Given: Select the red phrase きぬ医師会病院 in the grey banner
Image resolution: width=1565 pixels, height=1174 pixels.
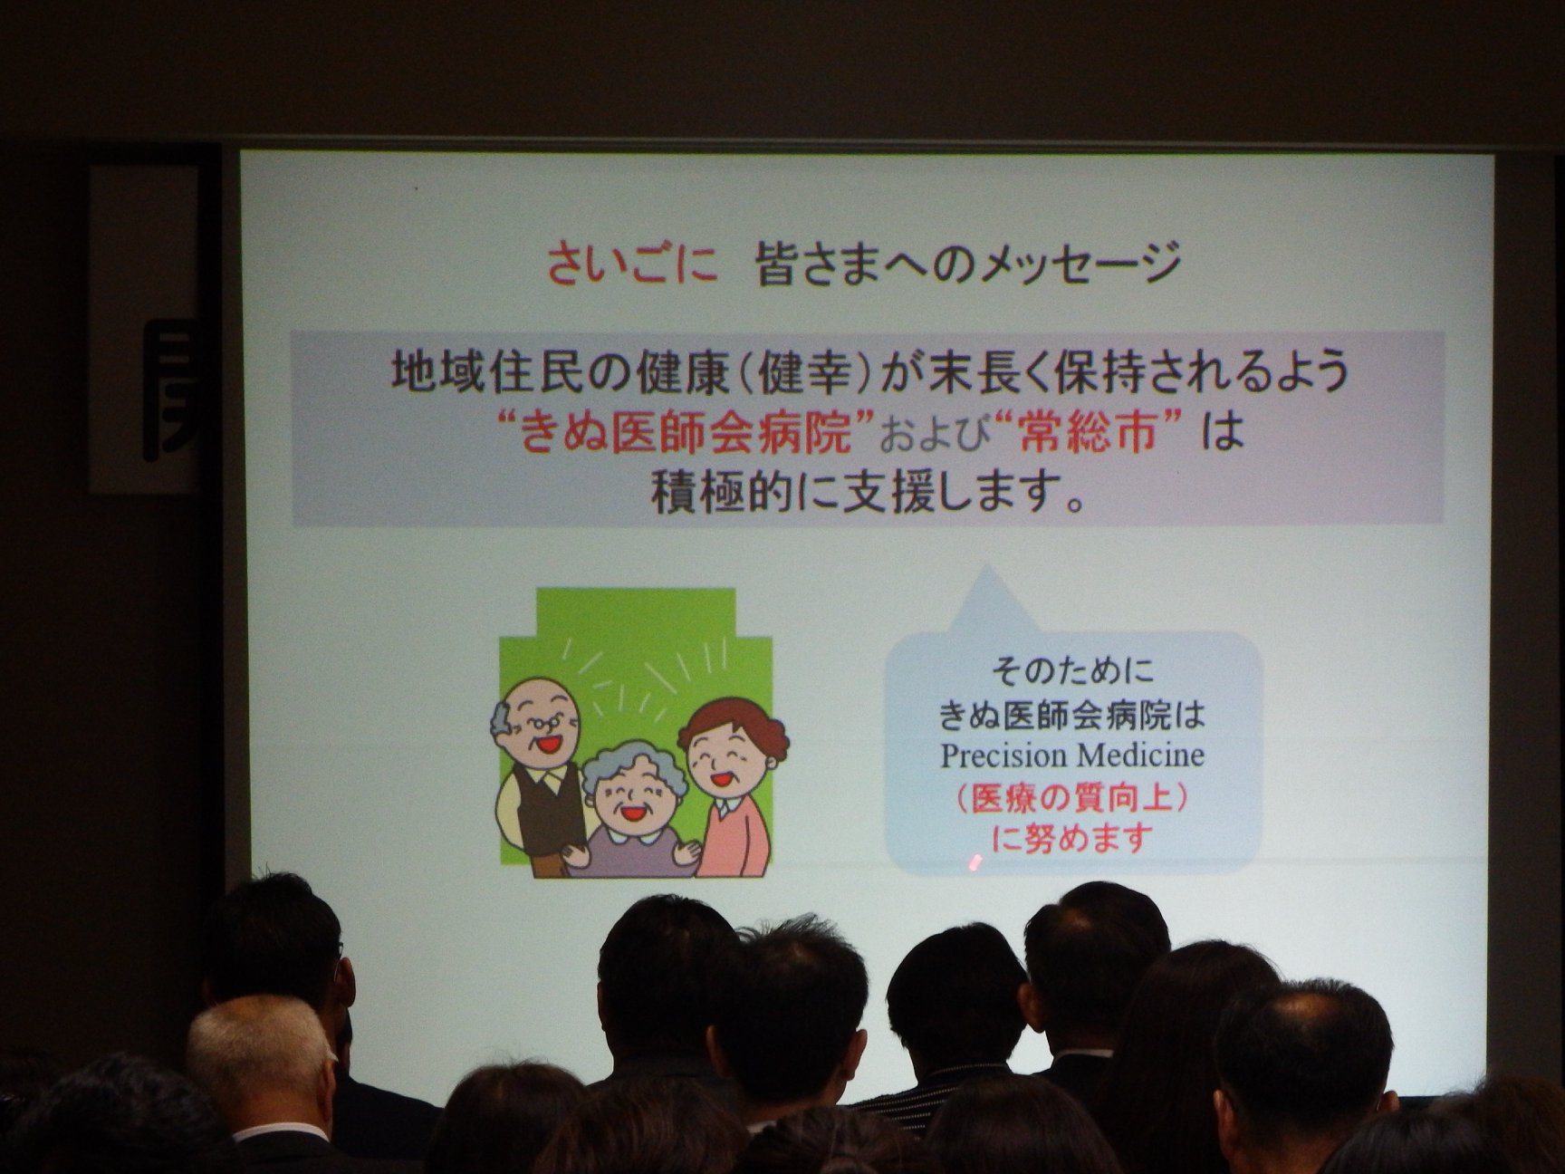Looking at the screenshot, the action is (x=686, y=433).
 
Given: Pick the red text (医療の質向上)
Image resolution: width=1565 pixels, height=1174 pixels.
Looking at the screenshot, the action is (x=1072, y=798).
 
